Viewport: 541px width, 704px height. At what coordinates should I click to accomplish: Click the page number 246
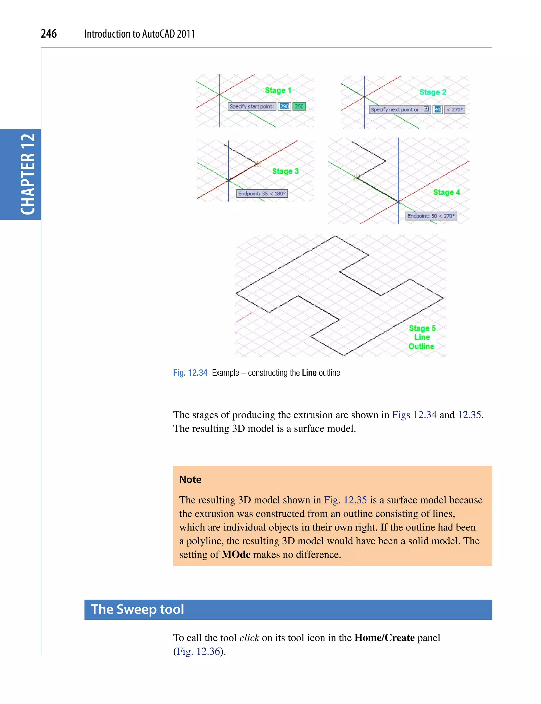49,34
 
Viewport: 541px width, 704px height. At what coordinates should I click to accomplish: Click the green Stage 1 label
278,91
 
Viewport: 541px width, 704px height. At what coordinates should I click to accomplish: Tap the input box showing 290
284,106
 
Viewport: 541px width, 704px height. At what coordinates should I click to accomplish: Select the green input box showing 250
299,106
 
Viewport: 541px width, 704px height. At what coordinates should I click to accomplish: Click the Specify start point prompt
251,106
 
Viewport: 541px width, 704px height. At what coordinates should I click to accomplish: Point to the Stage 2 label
432,92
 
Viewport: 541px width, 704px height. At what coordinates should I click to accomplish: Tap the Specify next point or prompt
395,110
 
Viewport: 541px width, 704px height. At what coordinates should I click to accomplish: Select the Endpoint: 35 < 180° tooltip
262,194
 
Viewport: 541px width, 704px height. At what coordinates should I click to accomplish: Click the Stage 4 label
446,192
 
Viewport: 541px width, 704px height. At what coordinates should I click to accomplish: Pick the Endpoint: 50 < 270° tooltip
431,216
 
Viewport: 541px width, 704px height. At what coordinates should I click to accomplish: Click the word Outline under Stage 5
421,347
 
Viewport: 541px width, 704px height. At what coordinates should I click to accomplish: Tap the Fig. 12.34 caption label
190,373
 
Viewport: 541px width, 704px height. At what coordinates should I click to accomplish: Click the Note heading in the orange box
190,479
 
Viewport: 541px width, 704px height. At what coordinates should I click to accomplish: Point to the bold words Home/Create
384,637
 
